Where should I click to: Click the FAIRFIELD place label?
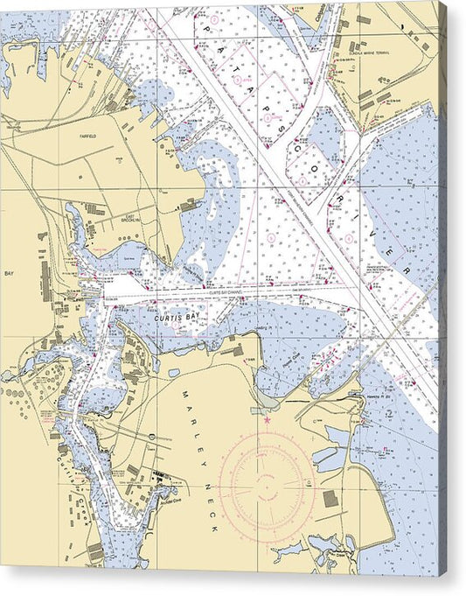87,137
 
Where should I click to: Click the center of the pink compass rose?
267,480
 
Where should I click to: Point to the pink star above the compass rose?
267,421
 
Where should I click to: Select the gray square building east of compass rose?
330,499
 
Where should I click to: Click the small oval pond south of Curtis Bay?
175,373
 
